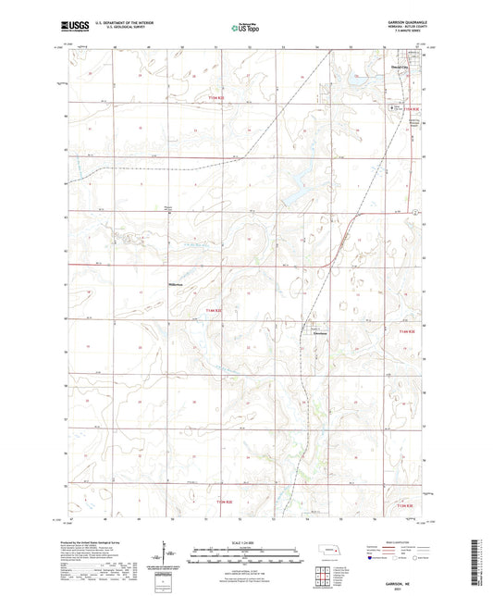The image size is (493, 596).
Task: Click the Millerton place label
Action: pos(178,283)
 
